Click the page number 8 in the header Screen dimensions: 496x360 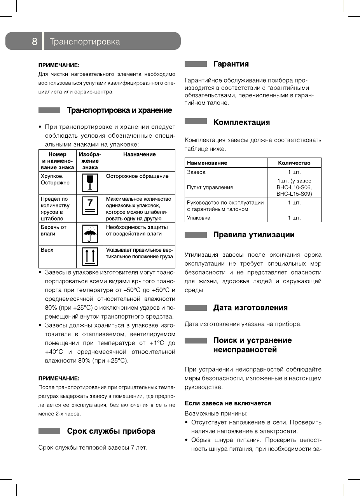[x=35, y=42]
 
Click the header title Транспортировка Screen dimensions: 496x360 [x=85, y=42]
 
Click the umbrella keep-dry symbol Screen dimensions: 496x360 [x=90, y=233]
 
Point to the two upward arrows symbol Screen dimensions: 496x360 [x=90, y=256]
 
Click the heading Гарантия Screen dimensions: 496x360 [x=231, y=64]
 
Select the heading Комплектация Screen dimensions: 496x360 [x=241, y=122]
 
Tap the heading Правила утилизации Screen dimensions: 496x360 [x=254, y=235]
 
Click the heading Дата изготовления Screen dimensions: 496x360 [x=250, y=308]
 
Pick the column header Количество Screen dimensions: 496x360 [x=294, y=163]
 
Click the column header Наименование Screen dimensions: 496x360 [x=207, y=163]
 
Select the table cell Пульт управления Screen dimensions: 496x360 [x=210, y=187]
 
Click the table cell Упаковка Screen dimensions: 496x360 [x=199, y=218]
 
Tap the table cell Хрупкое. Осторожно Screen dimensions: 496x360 [x=55, y=179]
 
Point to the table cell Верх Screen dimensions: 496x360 [x=47, y=250]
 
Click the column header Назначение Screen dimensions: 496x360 [x=139, y=154]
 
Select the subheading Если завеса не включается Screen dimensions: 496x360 [x=227, y=403]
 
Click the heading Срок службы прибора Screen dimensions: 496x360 [x=111, y=431]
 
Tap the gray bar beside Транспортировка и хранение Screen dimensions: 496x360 [x=49, y=110]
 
